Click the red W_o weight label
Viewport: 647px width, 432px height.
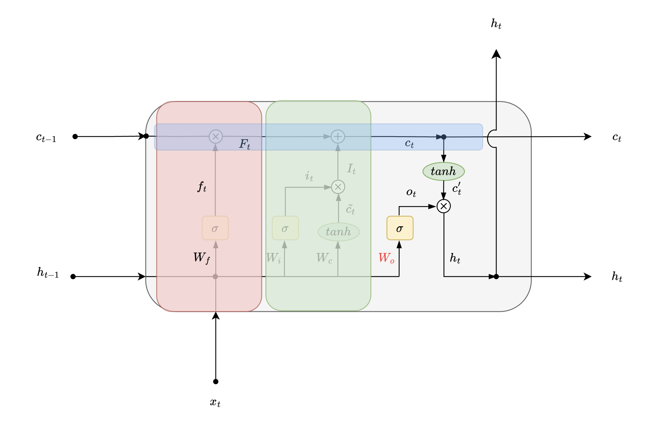click(x=387, y=258)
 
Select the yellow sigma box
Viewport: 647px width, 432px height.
click(x=400, y=228)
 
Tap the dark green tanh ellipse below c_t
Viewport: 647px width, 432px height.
click(x=444, y=172)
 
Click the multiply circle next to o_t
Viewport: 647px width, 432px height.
click(x=444, y=206)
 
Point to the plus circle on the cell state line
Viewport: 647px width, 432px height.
click(x=338, y=137)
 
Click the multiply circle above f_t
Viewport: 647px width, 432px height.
click(x=216, y=137)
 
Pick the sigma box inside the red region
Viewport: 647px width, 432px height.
click(x=215, y=228)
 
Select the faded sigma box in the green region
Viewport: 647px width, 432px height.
click(x=285, y=228)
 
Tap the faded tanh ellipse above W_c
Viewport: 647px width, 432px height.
click(x=339, y=232)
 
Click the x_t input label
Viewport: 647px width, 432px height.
click(x=215, y=403)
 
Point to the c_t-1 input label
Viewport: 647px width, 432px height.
click(x=46, y=138)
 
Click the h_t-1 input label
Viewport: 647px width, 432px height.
click(x=48, y=273)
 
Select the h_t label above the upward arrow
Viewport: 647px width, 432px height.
click(x=496, y=24)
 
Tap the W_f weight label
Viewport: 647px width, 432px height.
click(x=202, y=258)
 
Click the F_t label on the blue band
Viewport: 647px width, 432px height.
click(x=245, y=144)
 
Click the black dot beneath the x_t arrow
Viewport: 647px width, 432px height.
click(x=216, y=382)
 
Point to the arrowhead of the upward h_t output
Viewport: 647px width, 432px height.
click(x=496, y=54)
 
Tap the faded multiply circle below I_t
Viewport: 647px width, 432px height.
click(x=338, y=187)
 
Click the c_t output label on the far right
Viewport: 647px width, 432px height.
click(x=617, y=138)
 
